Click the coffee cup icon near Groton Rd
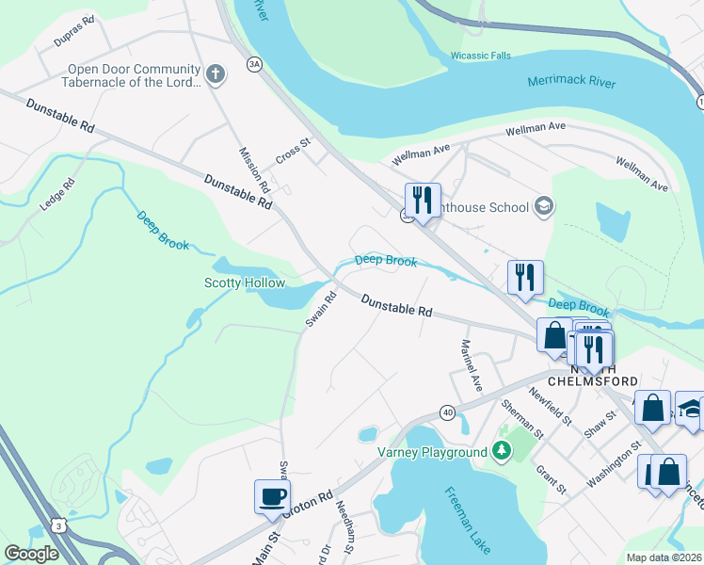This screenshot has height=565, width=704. (272, 495)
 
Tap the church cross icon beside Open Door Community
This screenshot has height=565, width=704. (216, 73)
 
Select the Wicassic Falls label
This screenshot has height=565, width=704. (480, 56)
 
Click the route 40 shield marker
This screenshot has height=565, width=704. (446, 412)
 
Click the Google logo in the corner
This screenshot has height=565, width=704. (31, 554)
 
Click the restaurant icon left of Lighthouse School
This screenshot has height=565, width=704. (423, 200)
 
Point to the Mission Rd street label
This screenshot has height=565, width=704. (254, 169)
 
